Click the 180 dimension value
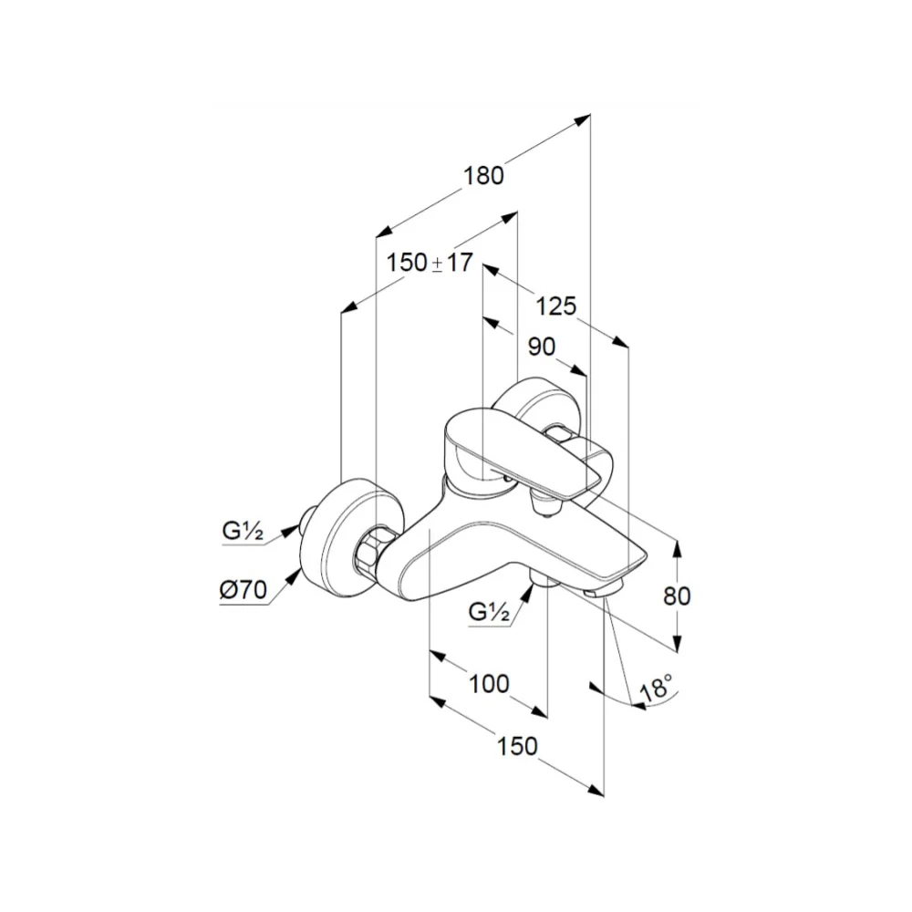click(483, 175)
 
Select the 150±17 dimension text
click(430, 263)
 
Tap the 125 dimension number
click(555, 306)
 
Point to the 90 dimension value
click(542, 347)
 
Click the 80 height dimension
click(677, 596)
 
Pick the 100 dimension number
click(489, 683)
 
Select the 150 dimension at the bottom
click(517, 746)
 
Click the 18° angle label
click(656, 687)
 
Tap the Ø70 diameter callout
click(244, 590)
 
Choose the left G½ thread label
click(243, 531)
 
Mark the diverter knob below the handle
click(544, 503)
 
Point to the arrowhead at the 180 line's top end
click(582, 119)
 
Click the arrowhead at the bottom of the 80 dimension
click(677, 642)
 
